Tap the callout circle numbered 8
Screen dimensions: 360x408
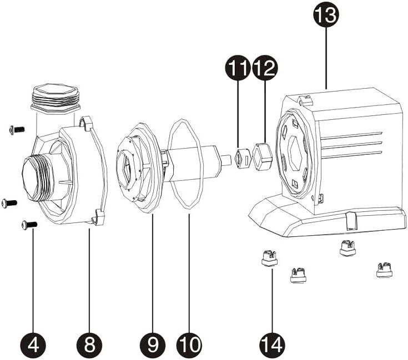click(89, 345)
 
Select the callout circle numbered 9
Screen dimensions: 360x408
click(153, 345)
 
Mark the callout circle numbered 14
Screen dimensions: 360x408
click(272, 345)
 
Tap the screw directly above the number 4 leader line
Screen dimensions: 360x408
click(29, 224)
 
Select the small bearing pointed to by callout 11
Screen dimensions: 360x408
click(240, 159)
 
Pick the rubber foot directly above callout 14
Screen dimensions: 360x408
click(269, 258)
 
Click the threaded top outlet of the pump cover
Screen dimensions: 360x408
click(56, 98)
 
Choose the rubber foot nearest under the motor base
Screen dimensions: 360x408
click(347, 247)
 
